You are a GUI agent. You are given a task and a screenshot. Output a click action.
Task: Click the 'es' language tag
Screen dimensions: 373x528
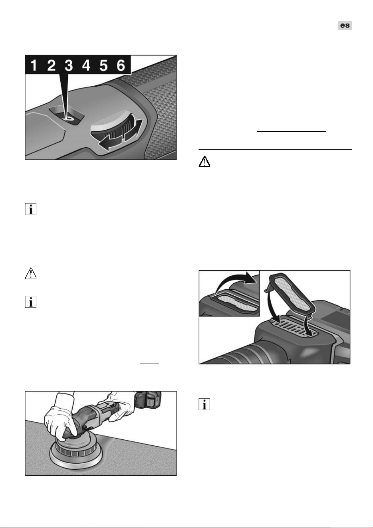coord(345,26)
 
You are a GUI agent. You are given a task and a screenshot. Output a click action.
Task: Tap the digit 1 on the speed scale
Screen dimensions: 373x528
coord(34,65)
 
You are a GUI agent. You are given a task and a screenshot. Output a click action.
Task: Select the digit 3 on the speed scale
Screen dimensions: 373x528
coord(69,65)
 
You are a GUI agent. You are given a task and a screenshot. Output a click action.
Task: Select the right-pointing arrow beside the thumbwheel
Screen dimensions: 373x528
coord(133,130)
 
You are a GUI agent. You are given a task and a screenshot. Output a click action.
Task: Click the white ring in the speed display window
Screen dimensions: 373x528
coord(69,119)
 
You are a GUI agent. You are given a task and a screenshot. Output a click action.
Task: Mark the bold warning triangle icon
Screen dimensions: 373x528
coord(204,162)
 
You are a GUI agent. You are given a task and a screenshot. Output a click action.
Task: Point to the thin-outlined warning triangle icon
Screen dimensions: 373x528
coord(31,273)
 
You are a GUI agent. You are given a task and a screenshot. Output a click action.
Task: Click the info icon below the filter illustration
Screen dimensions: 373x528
coord(204,404)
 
